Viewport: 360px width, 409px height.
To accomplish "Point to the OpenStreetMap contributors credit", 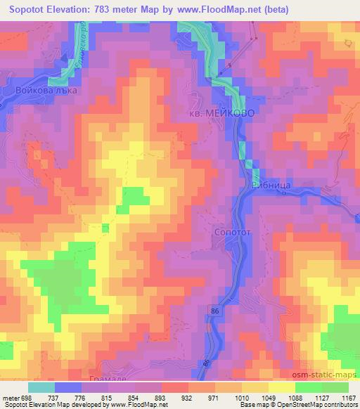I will click(316, 405).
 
